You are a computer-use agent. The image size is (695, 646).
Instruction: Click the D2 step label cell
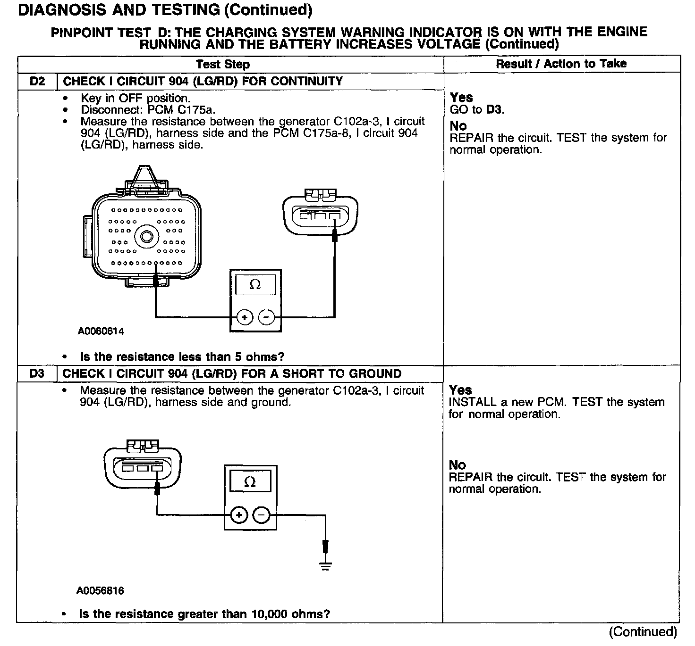pyautogui.click(x=37, y=81)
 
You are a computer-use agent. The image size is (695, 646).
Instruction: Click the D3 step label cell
pyautogui.click(x=37, y=373)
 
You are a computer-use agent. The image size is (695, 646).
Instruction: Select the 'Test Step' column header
pyautogui.click(x=223, y=64)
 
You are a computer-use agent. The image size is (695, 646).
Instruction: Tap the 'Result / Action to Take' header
pyautogui.click(x=561, y=64)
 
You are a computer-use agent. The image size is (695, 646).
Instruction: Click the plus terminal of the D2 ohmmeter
pyautogui.click(x=245, y=317)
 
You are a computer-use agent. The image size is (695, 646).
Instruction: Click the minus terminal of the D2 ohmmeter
pyautogui.click(x=266, y=317)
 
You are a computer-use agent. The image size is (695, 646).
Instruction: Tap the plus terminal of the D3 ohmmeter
pyautogui.click(x=239, y=515)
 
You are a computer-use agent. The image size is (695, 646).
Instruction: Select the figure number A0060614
pyautogui.click(x=101, y=331)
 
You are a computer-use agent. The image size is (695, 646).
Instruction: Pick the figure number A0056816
pyautogui.click(x=101, y=591)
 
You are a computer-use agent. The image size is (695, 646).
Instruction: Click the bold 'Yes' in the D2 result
pyautogui.click(x=461, y=98)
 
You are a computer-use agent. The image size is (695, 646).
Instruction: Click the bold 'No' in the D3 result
pyautogui.click(x=457, y=465)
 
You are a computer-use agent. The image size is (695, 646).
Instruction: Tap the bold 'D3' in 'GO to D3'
pyautogui.click(x=494, y=110)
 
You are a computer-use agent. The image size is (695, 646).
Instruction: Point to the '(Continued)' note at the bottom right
pyautogui.click(x=643, y=632)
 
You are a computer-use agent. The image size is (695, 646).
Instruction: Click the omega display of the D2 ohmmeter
pyautogui.click(x=255, y=285)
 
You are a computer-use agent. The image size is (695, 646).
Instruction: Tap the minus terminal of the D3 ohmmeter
pyautogui.click(x=262, y=515)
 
